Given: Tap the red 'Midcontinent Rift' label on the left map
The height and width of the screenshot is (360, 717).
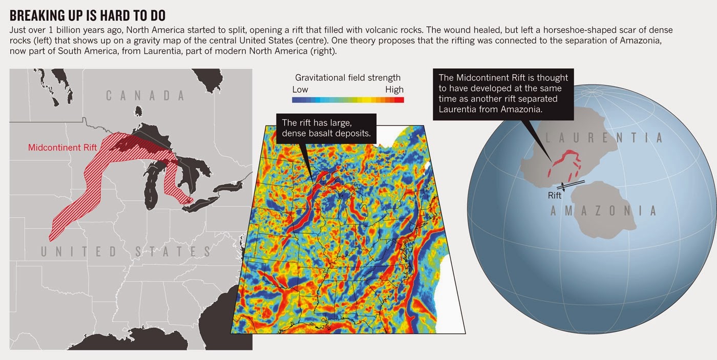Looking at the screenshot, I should coord(62,147).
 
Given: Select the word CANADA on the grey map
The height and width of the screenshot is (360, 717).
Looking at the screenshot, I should coord(145,95).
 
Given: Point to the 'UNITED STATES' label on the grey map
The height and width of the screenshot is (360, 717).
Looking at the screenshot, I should coord(126,251).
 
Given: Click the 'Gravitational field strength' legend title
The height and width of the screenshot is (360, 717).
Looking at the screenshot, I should coord(348,78).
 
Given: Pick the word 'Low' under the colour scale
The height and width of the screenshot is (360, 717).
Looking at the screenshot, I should coord(300,90).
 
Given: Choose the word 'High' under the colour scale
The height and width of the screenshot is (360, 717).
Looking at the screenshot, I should coord(394,90).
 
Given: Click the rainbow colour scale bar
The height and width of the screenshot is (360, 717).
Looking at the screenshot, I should coord(348,99).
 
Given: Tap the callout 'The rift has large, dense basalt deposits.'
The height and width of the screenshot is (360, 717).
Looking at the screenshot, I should coord(326,129).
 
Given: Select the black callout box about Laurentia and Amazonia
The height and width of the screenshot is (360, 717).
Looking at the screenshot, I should coord(503,94).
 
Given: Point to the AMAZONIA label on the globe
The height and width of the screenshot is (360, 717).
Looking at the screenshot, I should coord(603,210).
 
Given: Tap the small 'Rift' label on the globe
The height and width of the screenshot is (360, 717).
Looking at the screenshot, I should coord(555,196).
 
